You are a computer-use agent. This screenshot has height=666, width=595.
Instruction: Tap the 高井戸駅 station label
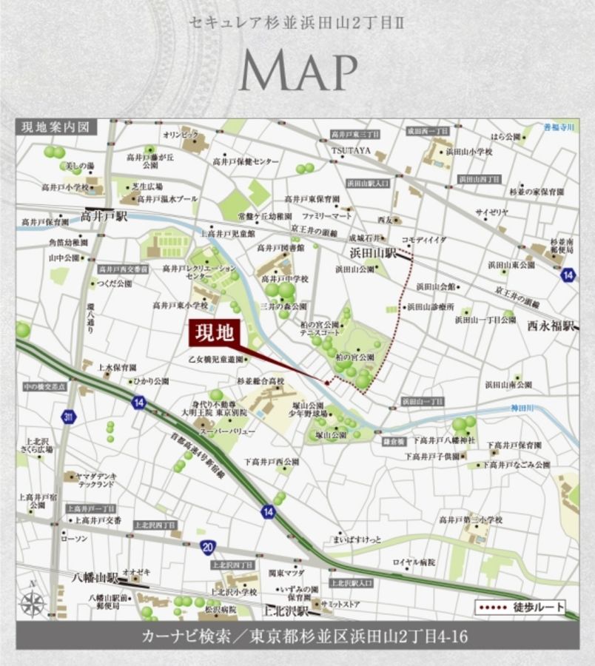(104, 217)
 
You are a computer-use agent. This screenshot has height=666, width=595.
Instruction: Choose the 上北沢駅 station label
(287, 611)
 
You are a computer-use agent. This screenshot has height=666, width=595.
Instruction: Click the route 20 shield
(209, 546)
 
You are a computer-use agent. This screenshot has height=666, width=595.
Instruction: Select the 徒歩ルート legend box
(520, 608)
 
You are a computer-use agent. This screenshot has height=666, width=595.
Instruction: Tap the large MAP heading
(297, 72)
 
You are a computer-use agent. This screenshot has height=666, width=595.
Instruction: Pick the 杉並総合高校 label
(260, 381)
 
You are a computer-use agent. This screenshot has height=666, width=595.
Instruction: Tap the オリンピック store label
(181, 135)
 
